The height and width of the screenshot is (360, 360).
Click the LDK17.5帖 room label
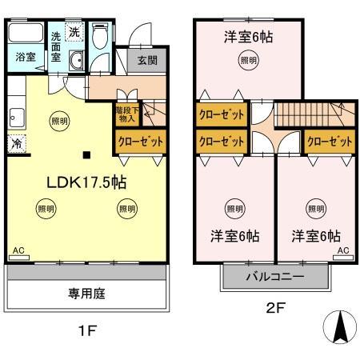pyautogui.click(x=85, y=182)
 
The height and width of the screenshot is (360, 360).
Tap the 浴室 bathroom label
pyautogui.click(x=25, y=57)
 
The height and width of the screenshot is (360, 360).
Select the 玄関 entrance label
pyautogui.click(x=147, y=62)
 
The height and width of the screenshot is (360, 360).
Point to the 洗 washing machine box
pyautogui.click(x=74, y=34)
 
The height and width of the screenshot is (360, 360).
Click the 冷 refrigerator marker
pyautogui.click(x=16, y=144)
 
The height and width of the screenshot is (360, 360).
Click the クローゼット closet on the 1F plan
pyautogui.click(x=141, y=141)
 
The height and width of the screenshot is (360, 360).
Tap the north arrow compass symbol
pyautogui.click(x=339, y=327)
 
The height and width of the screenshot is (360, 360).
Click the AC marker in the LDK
pyautogui.click(x=18, y=250)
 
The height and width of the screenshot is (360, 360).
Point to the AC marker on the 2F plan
pyautogui.click(x=342, y=250)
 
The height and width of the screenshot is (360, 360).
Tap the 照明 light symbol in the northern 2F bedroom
pyautogui.click(x=249, y=60)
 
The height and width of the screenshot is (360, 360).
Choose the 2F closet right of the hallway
pyautogui.click(x=329, y=141)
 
